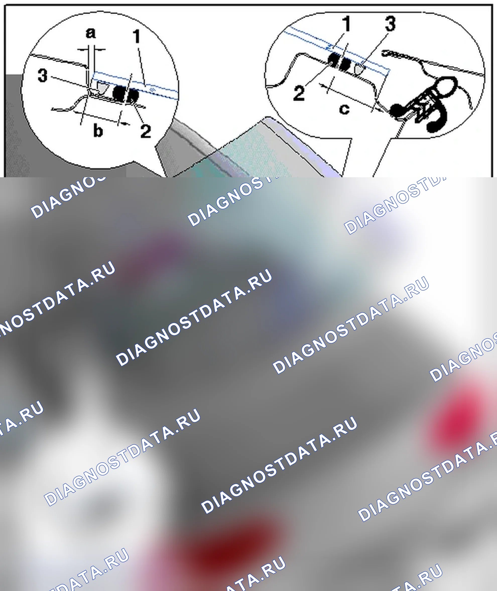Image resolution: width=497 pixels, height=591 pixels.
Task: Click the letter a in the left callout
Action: (91, 33)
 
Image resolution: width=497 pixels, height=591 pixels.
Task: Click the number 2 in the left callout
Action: (146, 131)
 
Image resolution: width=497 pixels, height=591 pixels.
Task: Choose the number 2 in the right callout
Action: (299, 93)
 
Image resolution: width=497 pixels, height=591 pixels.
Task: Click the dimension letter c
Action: (344, 109)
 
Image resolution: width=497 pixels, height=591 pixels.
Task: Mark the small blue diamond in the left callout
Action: (152, 89)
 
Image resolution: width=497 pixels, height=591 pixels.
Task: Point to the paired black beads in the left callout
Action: (126, 94)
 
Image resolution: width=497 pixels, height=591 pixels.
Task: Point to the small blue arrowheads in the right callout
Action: (329, 47)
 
